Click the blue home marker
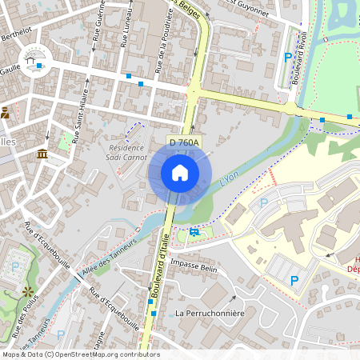[x=180, y=173]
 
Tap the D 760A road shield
[x=184, y=142]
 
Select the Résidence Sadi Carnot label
[x=126, y=152]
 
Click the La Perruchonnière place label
[x=209, y=314]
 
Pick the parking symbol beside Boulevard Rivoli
[x=288, y=57]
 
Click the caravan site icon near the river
[x=195, y=232]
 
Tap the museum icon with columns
[x=42, y=154]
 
